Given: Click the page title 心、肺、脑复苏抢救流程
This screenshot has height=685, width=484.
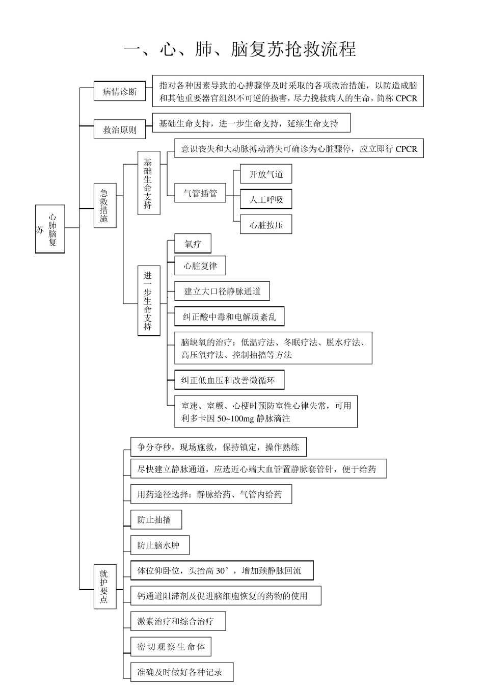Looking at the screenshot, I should coord(240,49).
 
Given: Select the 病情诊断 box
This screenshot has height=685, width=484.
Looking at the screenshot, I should coord(120,92).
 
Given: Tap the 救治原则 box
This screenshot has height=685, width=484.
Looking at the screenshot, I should coord(120,129).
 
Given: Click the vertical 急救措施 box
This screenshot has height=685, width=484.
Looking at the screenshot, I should coord(104,205).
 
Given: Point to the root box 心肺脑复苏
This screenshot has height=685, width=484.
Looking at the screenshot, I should coord(50,229).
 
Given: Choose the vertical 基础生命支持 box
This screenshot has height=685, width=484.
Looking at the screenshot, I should coord(148,183).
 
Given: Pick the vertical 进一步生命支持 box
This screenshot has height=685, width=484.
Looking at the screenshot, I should coord(148,300).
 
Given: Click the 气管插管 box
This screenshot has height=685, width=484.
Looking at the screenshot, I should coord(200,193).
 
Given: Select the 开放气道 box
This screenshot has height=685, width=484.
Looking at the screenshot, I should coord(266,174).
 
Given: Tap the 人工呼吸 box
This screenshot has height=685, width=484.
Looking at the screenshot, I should coord(266,199).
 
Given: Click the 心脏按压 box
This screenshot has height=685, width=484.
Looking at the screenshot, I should coord(266,225).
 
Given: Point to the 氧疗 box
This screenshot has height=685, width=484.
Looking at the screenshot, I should coord(193,244).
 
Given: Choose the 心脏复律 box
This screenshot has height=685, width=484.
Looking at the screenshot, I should coord(200,266).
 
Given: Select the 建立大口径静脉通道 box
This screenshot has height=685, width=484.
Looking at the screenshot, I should coord(222,292).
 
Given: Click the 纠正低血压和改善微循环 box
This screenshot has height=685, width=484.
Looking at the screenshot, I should coord(229,380).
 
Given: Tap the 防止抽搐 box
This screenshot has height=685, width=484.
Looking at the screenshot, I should coord(156,520).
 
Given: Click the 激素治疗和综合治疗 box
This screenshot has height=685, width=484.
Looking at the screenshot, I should coord(178,621).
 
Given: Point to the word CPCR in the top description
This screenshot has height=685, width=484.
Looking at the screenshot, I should coord(406,98).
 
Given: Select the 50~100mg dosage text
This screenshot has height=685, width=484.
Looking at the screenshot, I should coord(236,419).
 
